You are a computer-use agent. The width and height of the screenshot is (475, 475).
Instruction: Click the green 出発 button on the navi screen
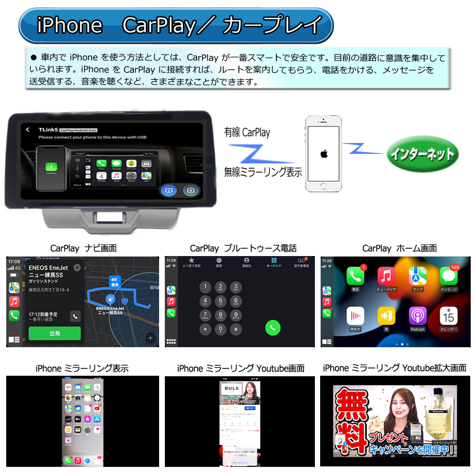(55, 333)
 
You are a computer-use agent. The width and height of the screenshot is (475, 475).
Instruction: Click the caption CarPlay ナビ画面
(83, 248)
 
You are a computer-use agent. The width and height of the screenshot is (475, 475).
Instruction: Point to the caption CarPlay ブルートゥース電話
(243, 248)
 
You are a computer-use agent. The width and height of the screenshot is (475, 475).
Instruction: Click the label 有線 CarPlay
(247, 133)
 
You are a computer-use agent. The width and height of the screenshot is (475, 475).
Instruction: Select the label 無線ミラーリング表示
(263, 172)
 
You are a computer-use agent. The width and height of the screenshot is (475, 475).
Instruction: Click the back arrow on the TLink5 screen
(28, 130)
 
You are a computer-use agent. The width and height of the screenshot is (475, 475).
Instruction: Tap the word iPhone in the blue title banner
(69, 25)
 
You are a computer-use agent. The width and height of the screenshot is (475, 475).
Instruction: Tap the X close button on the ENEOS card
(77, 267)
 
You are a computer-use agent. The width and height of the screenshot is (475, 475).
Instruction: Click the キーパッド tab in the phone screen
(274, 263)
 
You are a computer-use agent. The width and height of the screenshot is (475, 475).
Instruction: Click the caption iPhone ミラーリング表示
(82, 368)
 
